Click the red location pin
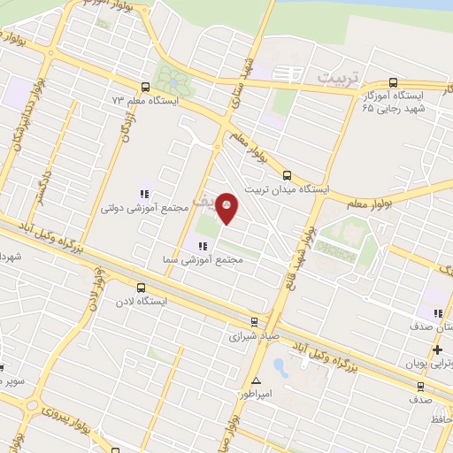point(227,207)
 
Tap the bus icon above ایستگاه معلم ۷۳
point(144,87)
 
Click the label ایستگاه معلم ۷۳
point(146,101)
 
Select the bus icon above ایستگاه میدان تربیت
point(287,175)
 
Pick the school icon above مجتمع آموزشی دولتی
point(143,194)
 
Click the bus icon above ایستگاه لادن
point(141,288)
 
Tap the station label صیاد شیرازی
point(254,336)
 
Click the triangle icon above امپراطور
point(257,381)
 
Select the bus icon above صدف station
point(420,386)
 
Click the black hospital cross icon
point(438,350)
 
